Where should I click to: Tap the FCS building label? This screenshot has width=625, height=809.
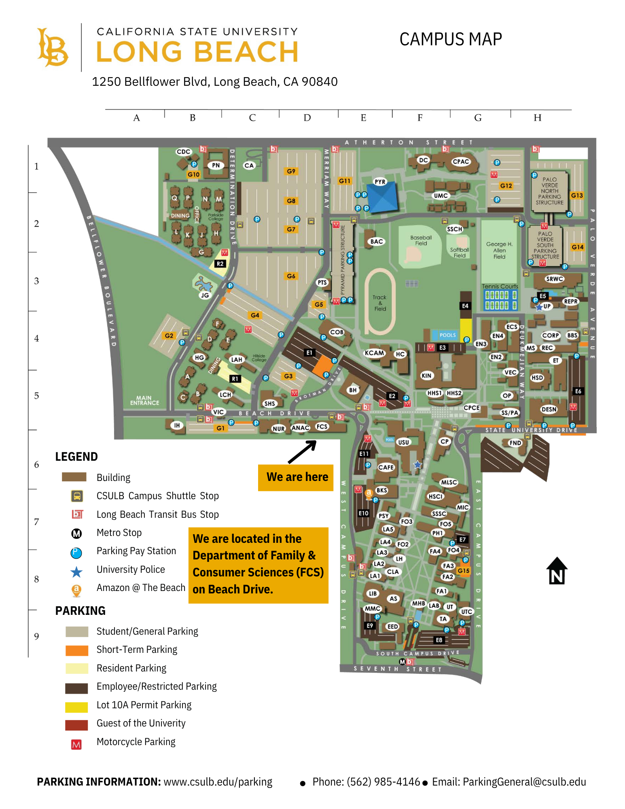click(x=322, y=426)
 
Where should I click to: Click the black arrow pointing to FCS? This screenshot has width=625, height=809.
click(x=302, y=451)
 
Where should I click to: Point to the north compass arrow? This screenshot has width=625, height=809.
click(x=557, y=571)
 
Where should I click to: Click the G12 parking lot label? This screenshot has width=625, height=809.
click(x=506, y=186)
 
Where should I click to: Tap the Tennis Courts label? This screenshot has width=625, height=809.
click(x=500, y=286)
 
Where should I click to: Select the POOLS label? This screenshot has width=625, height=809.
click(x=448, y=335)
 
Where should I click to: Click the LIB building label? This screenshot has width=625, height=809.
click(x=373, y=593)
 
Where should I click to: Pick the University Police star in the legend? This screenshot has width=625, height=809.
click(x=76, y=572)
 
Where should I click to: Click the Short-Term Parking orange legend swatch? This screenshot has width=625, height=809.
click(x=76, y=650)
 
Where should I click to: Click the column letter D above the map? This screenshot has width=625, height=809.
click(x=307, y=118)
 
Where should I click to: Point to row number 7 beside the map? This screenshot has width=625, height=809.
click(x=36, y=522)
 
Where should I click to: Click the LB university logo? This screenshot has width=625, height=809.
click(x=53, y=47)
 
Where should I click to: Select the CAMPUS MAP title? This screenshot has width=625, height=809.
click(x=451, y=39)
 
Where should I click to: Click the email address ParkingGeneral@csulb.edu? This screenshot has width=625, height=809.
click(x=524, y=782)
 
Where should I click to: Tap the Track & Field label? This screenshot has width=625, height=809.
click(x=379, y=303)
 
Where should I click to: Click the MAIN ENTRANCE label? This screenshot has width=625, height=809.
click(x=144, y=400)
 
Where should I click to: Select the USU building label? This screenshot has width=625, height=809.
click(x=403, y=442)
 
